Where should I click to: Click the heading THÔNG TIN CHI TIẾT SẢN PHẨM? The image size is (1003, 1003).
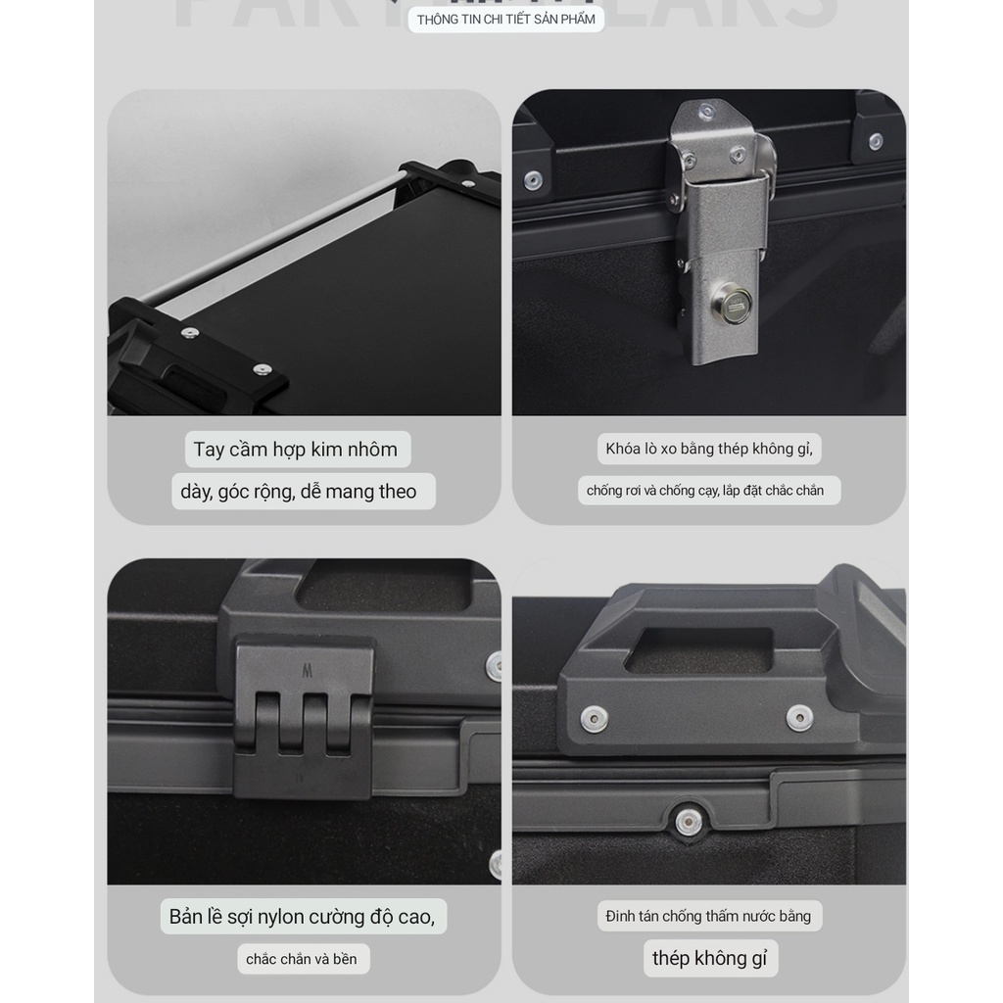(x=505, y=20)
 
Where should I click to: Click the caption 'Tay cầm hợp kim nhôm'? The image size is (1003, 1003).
(x=296, y=450)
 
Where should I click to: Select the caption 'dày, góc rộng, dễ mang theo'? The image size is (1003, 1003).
(x=299, y=492)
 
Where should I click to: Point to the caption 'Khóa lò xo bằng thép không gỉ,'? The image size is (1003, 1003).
(x=708, y=449)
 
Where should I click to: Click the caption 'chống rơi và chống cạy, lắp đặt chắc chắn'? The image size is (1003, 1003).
(x=705, y=491)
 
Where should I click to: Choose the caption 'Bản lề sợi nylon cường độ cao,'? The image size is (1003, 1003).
(x=301, y=917)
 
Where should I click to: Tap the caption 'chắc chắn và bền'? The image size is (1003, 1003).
(x=302, y=959)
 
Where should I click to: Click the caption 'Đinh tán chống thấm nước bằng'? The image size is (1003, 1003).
(x=708, y=917)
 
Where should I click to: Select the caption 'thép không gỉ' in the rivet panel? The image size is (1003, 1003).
(x=709, y=958)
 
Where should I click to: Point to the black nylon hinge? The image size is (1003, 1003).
(x=304, y=715)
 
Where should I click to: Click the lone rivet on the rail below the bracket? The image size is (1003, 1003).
(x=689, y=821)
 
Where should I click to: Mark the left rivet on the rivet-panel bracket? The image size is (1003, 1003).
(x=594, y=718)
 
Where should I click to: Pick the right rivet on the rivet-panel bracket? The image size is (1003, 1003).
(x=799, y=718)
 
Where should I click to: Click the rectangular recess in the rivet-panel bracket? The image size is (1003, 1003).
(x=697, y=650)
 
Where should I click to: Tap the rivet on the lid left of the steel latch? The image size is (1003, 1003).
(x=533, y=180)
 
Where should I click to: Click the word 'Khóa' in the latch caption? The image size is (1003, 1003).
(x=623, y=449)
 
